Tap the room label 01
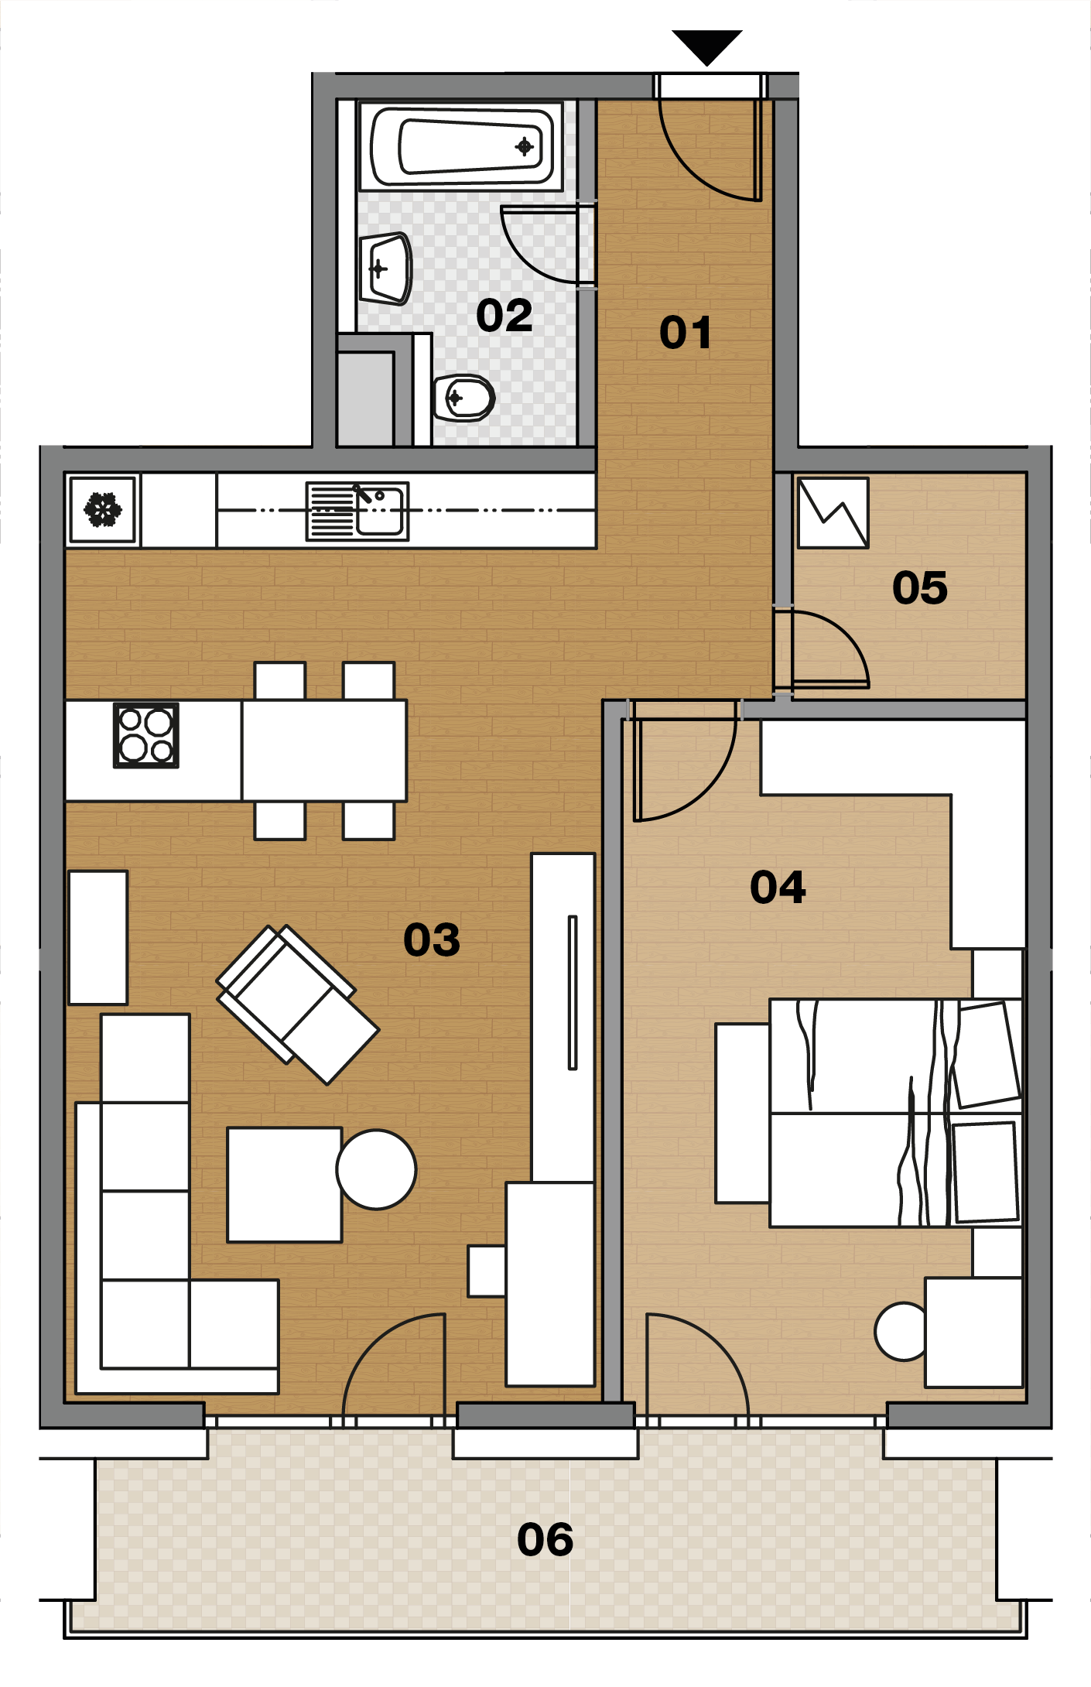pos(686,333)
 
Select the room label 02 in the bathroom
pos(504,316)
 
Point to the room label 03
pos(432,940)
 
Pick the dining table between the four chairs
pos(324,751)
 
